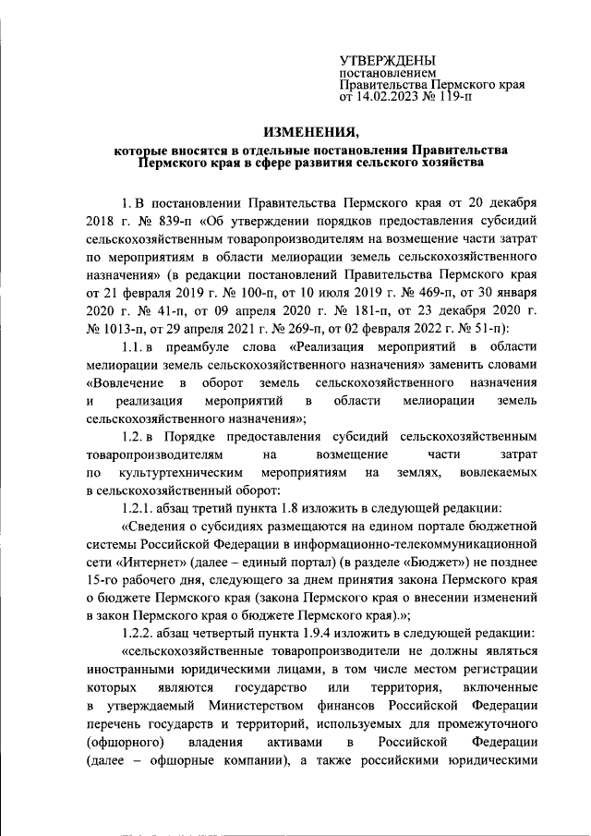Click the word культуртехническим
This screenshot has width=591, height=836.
(162, 472)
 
